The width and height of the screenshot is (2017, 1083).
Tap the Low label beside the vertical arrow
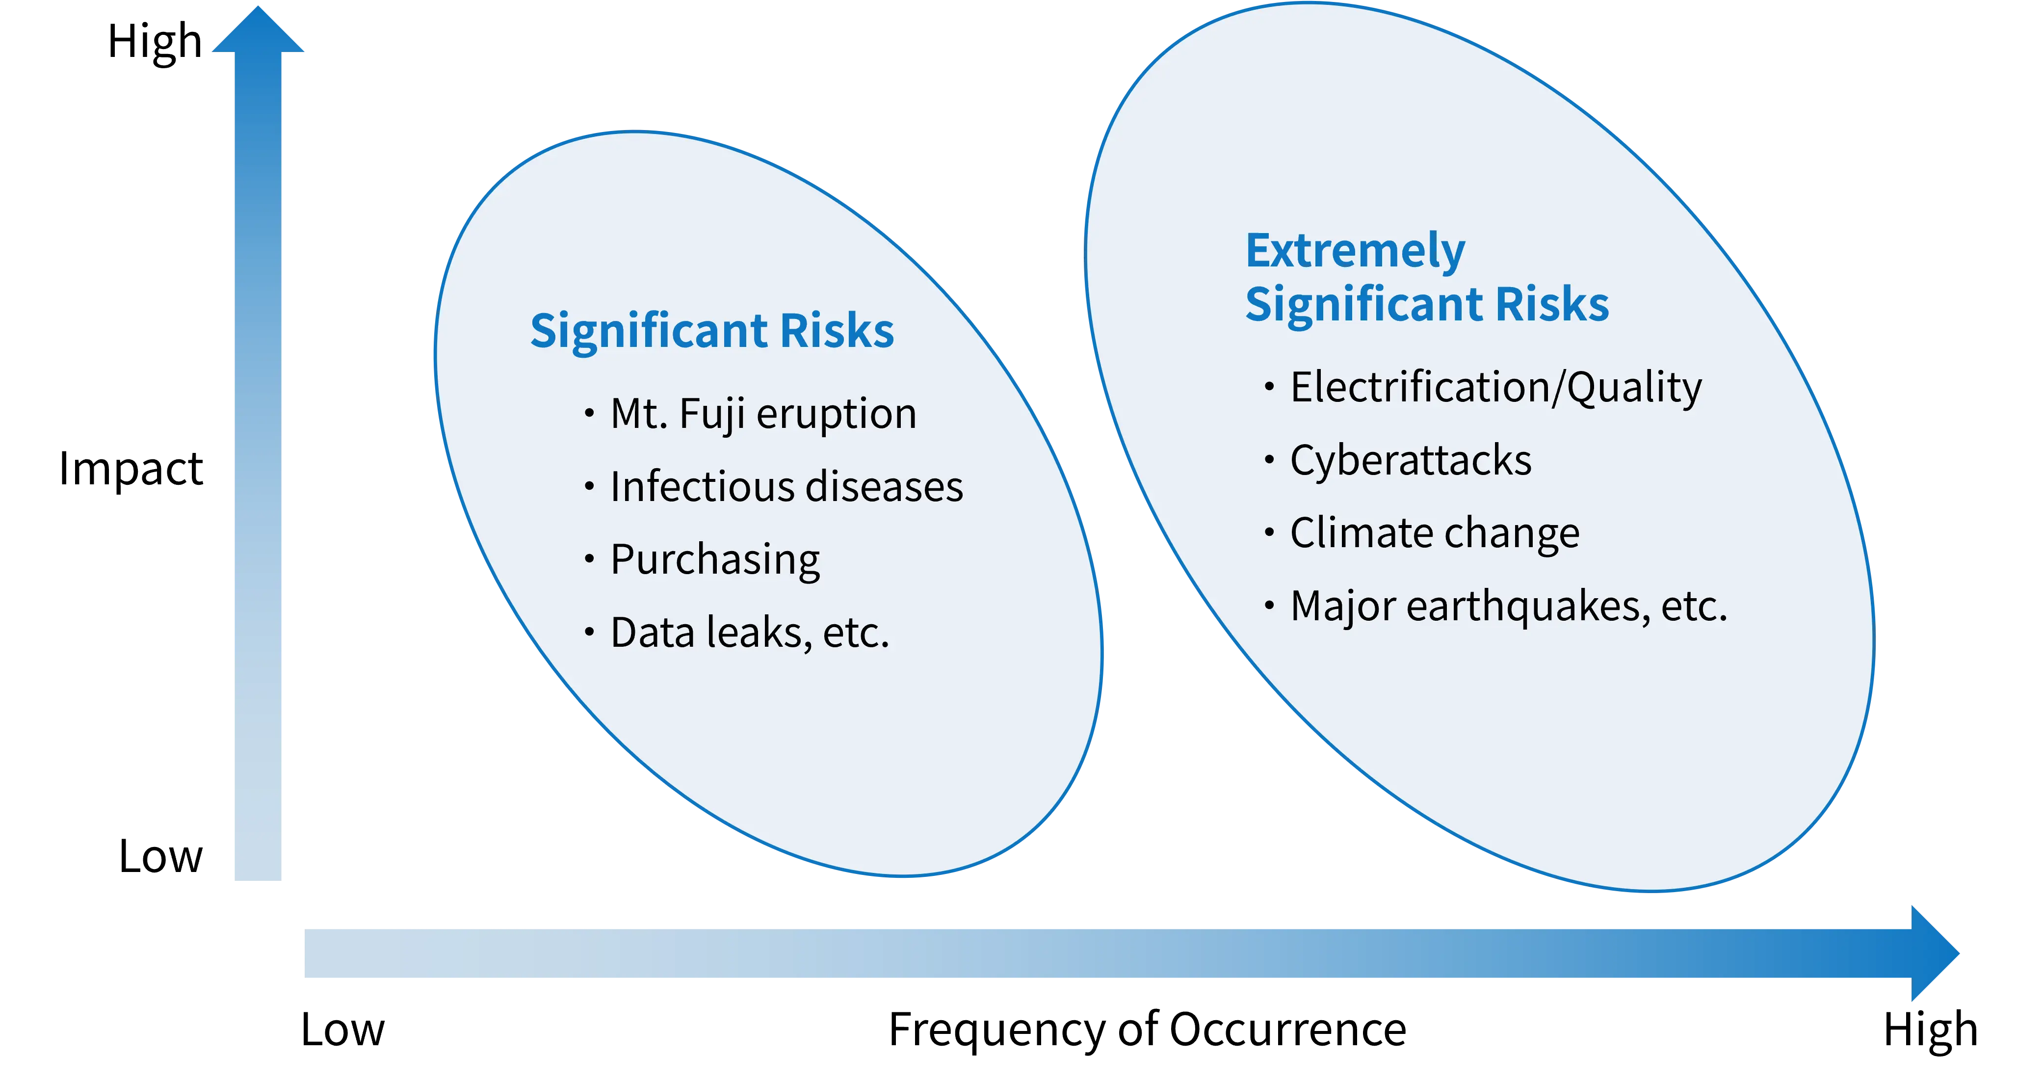click(160, 856)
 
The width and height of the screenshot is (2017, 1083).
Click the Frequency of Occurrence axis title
click(1147, 1030)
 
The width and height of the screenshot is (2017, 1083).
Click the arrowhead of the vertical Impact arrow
click(259, 30)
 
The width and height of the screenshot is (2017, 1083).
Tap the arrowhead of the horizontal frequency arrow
click(1935, 953)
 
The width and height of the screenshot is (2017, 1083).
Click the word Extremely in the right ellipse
click(1355, 251)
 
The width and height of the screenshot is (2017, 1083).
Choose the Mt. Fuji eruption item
click(762, 414)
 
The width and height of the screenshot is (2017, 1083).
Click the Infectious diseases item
click(786, 486)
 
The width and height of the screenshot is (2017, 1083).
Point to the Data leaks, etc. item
click(749, 633)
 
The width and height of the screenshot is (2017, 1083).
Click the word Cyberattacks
click(1410, 460)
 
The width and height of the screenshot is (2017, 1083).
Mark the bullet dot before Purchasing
click(589, 559)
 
